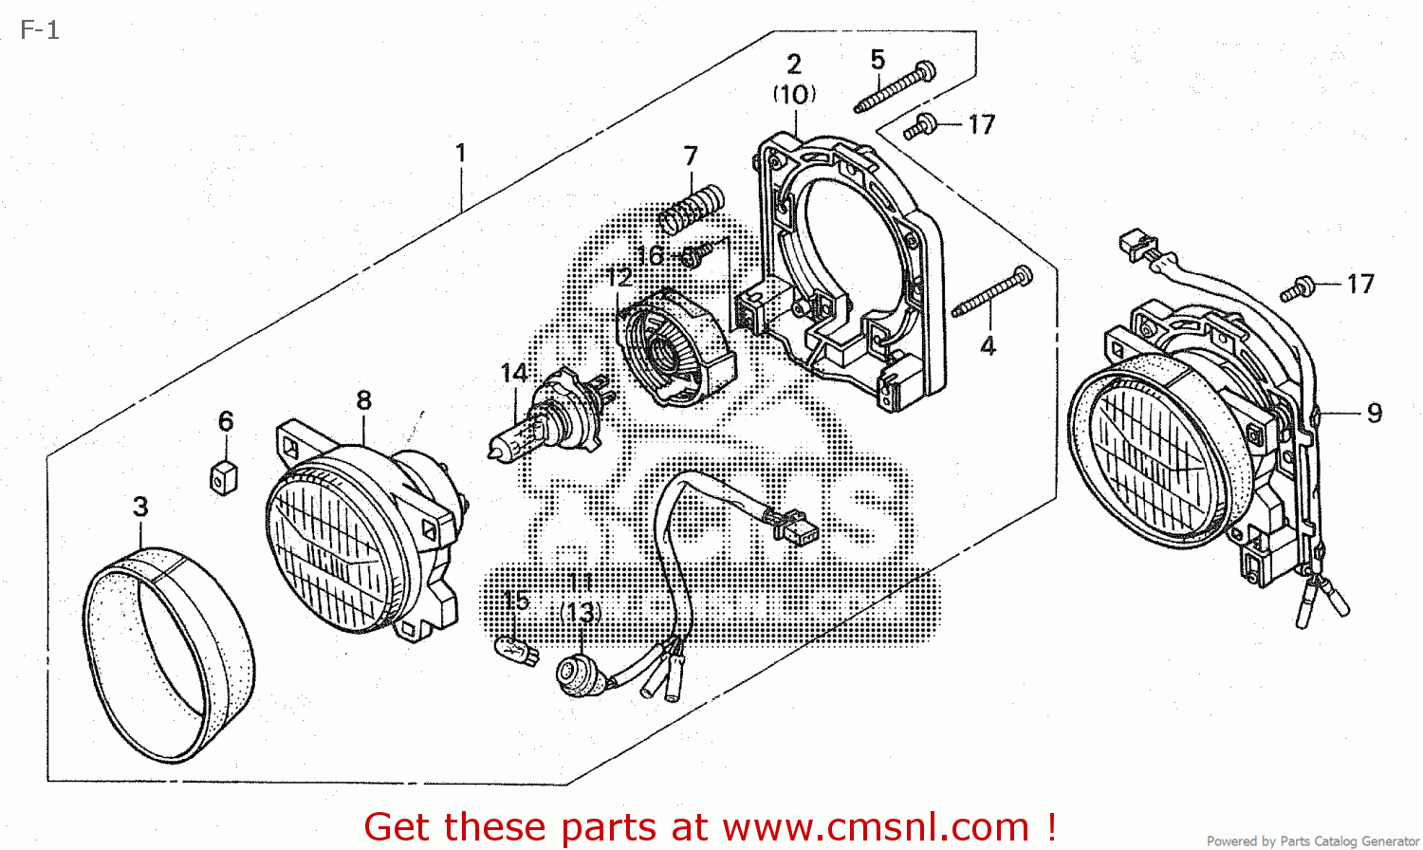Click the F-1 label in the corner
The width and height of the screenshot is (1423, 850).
tap(40, 30)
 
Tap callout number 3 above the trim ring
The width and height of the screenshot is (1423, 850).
tap(140, 507)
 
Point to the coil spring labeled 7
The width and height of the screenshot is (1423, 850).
tap(693, 210)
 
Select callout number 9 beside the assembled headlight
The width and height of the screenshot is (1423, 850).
tap(1374, 413)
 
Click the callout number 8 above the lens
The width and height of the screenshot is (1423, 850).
tap(363, 400)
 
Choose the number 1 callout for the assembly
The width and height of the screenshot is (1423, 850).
tap(461, 153)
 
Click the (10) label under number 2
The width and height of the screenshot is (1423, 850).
tap(794, 94)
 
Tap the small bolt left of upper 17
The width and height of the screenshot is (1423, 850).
tap(920, 126)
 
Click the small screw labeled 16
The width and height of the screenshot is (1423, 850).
tap(695, 254)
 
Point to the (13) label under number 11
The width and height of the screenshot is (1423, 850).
tap(581, 613)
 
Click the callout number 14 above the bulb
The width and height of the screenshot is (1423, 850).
tap(513, 373)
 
